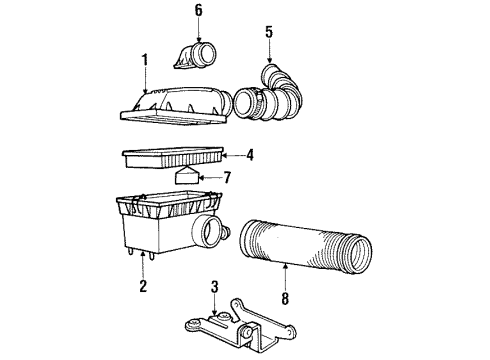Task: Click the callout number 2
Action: (x=144, y=287)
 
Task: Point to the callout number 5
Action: (x=268, y=33)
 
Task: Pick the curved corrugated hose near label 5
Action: (x=275, y=95)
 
